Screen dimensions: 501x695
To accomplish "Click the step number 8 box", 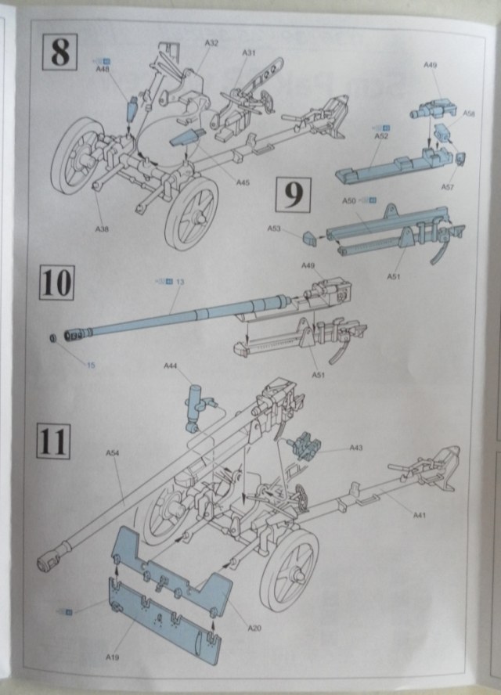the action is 59,51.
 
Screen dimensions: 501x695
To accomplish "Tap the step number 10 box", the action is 56,282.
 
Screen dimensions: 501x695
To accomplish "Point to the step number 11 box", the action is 53,441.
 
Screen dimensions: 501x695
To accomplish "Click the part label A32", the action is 211,43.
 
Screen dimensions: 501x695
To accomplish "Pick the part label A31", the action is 249,52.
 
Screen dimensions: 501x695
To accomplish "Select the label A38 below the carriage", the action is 102,229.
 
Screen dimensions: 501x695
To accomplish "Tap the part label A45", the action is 243,183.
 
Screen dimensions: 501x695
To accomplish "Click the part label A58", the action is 469,113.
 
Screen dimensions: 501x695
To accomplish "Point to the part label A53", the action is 274,229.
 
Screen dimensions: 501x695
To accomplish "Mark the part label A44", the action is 171,366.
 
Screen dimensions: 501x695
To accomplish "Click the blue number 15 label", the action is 91,366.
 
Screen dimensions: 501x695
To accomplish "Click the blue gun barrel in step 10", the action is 180,317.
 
